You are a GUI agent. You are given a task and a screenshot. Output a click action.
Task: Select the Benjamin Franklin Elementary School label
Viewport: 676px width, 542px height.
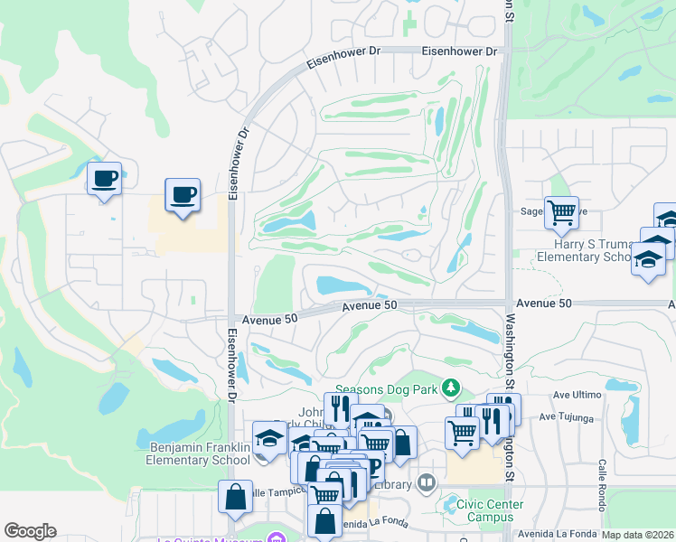[197, 453]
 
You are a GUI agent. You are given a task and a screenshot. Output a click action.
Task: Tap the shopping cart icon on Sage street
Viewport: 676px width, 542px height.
[561, 212]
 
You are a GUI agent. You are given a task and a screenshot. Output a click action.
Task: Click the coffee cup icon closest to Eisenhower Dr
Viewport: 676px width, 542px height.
[183, 194]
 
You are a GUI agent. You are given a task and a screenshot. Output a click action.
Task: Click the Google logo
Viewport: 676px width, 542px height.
[30, 531]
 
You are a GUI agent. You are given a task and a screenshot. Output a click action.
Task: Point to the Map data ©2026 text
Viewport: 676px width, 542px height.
[637, 535]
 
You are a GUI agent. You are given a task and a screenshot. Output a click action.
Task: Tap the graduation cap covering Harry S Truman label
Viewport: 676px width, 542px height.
[648, 259]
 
